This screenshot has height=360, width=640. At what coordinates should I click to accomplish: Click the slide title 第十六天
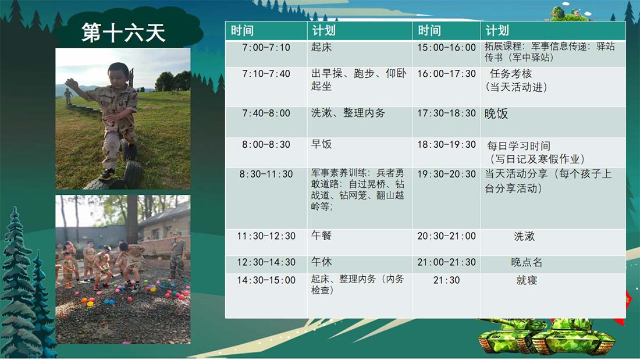pos(123,32)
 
